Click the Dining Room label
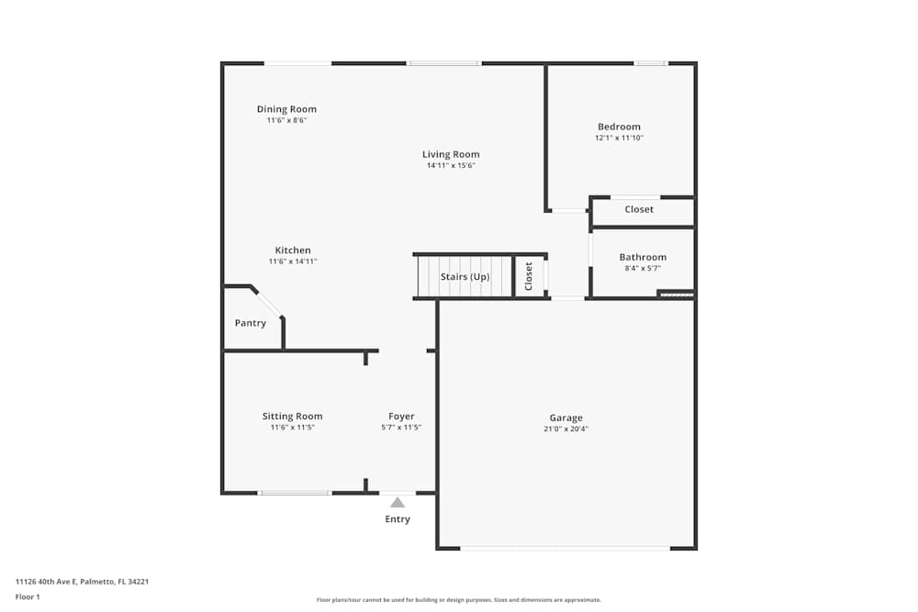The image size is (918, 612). click(286, 109)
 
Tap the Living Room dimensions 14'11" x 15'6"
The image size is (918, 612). click(451, 166)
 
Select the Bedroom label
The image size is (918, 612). click(619, 127)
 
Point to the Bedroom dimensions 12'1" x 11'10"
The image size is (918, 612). click(619, 139)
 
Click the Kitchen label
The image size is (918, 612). click(293, 250)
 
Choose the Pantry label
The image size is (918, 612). click(251, 323)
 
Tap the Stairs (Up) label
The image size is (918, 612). click(465, 277)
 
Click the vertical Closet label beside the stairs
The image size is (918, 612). click(529, 276)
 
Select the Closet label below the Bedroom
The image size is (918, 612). click(639, 209)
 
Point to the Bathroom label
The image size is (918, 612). click(643, 257)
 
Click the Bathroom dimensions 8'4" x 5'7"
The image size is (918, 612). click(643, 269)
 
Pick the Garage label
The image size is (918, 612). click(565, 417)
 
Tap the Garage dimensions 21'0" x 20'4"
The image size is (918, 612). click(565, 429)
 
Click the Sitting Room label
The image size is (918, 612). click(292, 417)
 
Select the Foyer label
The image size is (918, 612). click(401, 417)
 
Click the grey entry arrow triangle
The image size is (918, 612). click(397, 503)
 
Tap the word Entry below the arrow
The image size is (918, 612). click(397, 519)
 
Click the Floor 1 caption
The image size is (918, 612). click(28, 596)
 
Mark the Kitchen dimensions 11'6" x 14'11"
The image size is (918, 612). click(293, 262)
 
